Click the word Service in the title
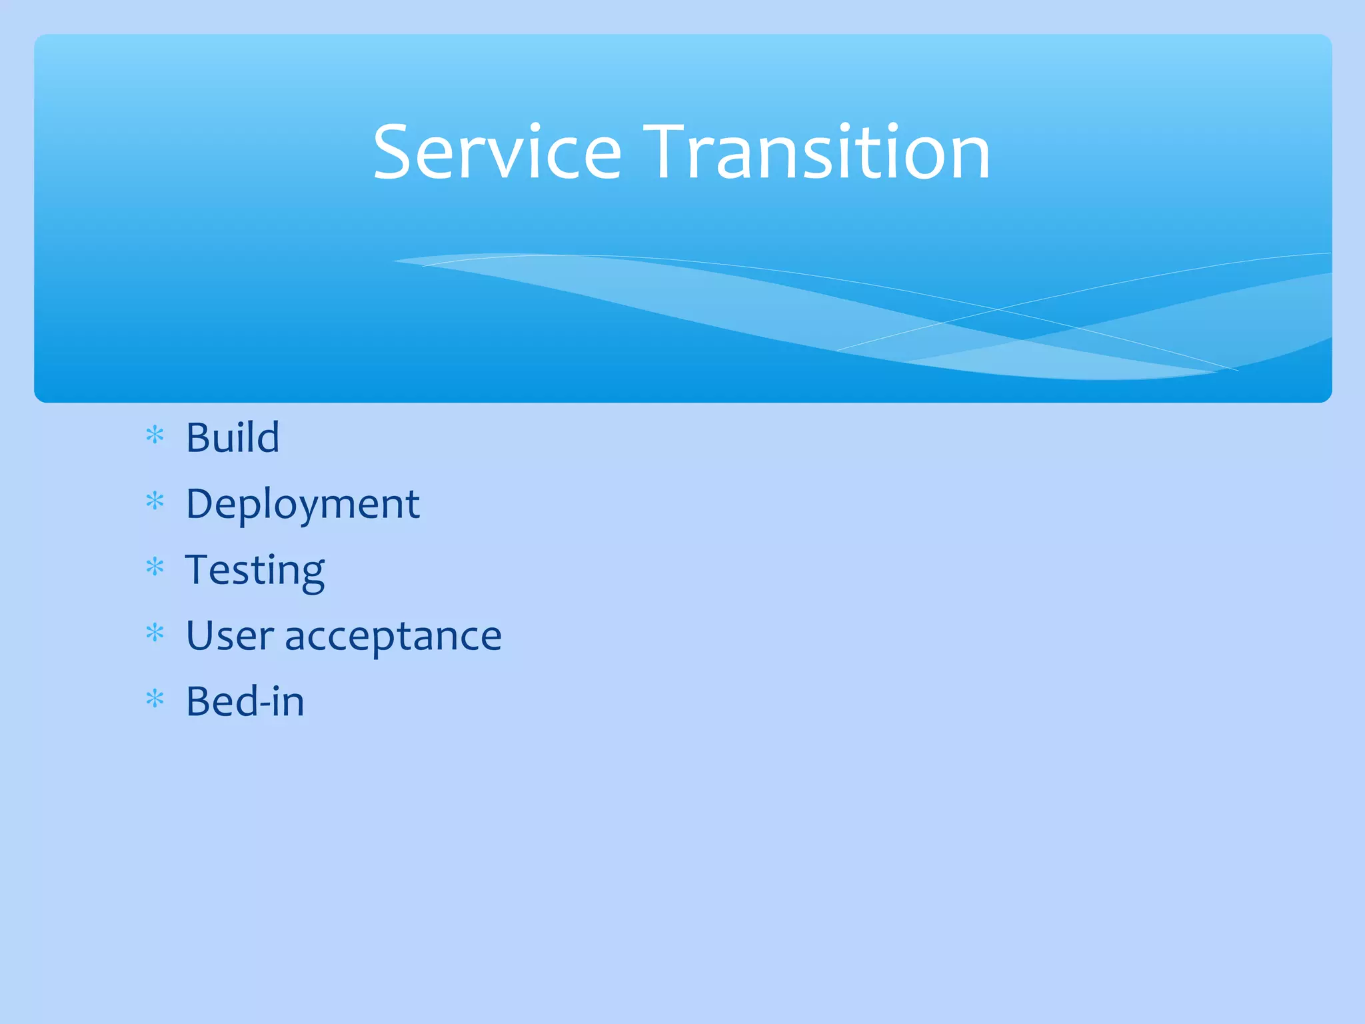point(497,153)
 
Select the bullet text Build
point(233,438)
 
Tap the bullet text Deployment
point(303,505)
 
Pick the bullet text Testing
point(255,571)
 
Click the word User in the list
point(229,636)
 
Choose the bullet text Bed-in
point(245,702)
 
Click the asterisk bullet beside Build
point(155,435)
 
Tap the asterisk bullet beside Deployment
point(155,501)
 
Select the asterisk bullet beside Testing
point(155,567)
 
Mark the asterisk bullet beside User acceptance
point(155,633)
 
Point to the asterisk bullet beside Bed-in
point(155,699)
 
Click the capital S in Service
point(394,153)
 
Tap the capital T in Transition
point(669,153)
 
